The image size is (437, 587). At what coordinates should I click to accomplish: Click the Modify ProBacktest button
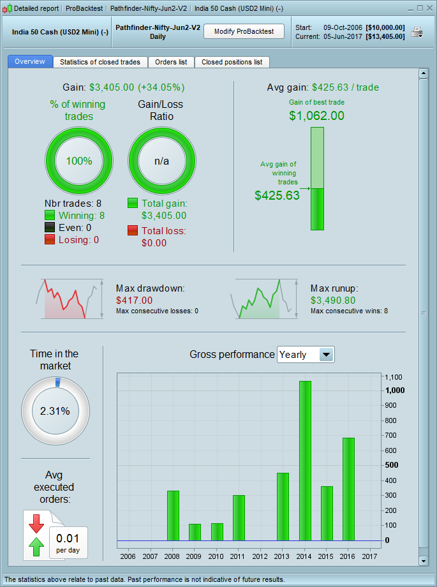click(x=244, y=31)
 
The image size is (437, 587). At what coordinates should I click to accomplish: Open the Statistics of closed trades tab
click(x=100, y=62)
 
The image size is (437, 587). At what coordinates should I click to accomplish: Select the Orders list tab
click(x=171, y=62)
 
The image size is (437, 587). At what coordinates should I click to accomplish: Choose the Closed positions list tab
click(x=232, y=62)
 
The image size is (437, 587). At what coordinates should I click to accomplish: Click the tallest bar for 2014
click(x=305, y=461)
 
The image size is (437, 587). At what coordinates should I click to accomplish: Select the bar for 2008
click(x=173, y=516)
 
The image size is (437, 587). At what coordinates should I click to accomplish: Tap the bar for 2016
click(x=348, y=489)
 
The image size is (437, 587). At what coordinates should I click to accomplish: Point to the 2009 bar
click(x=195, y=532)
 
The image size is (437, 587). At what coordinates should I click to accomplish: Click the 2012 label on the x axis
click(x=260, y=556)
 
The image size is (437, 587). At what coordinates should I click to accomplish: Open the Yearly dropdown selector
click(x=306, y=355)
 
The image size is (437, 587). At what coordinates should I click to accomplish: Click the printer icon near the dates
click(x=417, y=33)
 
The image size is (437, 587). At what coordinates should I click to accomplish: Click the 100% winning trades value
click(x=79, y=161)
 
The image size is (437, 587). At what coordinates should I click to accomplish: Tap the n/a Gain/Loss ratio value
click(x=162, y=161)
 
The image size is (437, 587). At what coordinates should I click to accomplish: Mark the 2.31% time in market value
click(x=55, y=411)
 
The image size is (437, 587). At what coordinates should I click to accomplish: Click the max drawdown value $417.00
click(x=135, y=300)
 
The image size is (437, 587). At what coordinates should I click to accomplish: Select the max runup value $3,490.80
click(x=333, y=300)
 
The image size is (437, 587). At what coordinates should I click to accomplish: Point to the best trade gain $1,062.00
click(x=316, y=115)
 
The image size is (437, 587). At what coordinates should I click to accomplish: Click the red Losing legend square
click(x=50, y=240)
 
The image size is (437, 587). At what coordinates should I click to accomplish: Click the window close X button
click(x=429, y=8)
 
